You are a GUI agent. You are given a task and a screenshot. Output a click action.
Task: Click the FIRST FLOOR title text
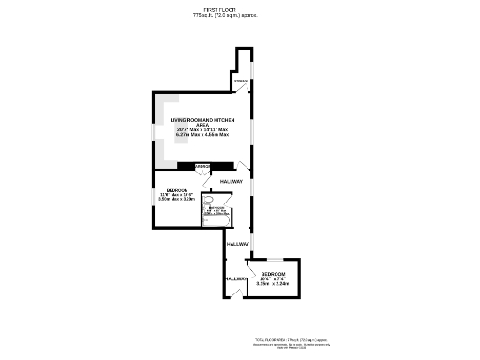(x=225, y=10)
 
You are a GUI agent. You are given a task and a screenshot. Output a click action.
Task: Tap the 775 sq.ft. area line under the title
(x=225, y=16)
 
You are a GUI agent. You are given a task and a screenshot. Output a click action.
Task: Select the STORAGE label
(x=241, y=82)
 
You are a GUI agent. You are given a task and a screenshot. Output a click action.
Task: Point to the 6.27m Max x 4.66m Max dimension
(x=202, y=136)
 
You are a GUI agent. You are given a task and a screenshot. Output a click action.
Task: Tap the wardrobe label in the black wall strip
(x=202, y=166)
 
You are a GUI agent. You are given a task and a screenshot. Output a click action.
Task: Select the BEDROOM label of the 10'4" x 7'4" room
(x=274, y=273)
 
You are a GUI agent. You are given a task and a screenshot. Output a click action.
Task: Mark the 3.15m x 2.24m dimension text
(x=274, y=283)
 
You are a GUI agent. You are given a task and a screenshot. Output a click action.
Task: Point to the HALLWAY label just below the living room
(x=232, y=181)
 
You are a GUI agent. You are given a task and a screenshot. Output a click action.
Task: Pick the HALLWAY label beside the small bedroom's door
(x=236, y=244)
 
